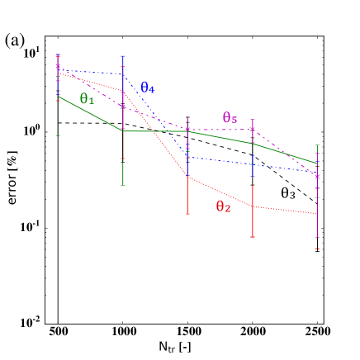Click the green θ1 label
pyautogui.click(x=87, y=99)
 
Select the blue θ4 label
pyautogui.click(x=148, y=88)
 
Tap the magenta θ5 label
pyautogui.click(x=230, y=118)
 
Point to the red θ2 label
pyautogui.click(x=223, y=207)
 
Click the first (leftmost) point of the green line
pyautogui.click(x=58, y=97)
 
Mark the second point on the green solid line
pyautogui.click(x=123, y=130)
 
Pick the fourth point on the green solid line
pyautogui.click(x=253, y=144)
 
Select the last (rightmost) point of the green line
pyautogui.click(x=317, y=163)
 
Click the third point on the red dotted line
pyautogui.click(x=187, y=177)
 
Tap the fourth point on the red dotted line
pyautogui.click(x=253, y=206)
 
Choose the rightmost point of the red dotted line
pyautogui.click(x=317, y=214)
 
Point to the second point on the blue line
pyautogui.click(x=123, y=74)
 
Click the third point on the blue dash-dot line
pyautogui.click(x=187, y=157)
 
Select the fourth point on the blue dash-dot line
pyautogui.click(x=253, y=164)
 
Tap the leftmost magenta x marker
pyautogui.click(x=58, y=66)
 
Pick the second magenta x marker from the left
pyautogui.click(x=123, y=107)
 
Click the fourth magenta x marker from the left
pyautogui.click(x=253, y=130)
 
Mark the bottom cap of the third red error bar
pyautogui.click(x=187, y=214)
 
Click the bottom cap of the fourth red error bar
pyautogui.click(x=253, y=238)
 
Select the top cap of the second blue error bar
pyautogui.click(x=123, y=56)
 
